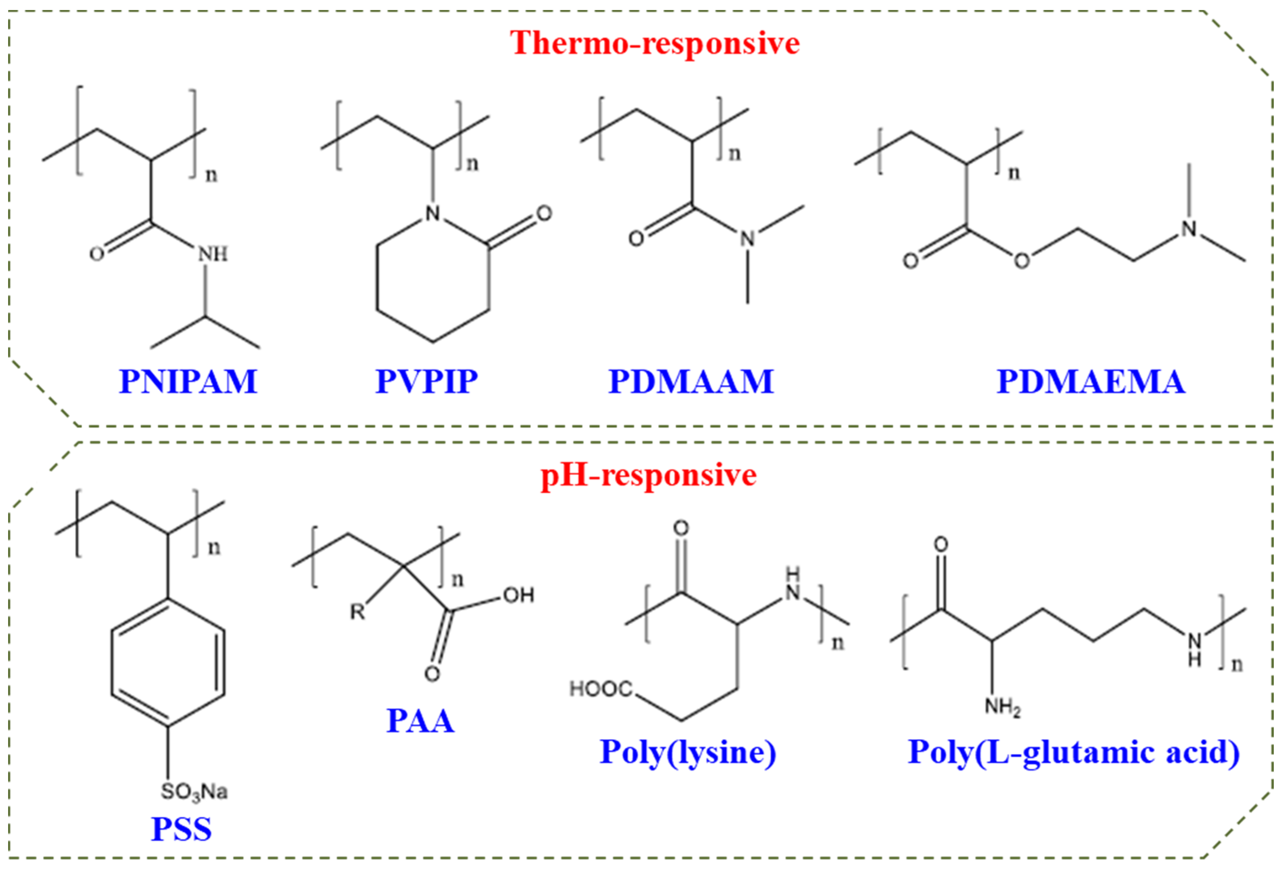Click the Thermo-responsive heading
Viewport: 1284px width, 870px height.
[655, 43]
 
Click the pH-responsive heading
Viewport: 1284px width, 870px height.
[649, 475]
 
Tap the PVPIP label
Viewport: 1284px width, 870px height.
[427, 381]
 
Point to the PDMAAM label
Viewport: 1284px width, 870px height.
[691, 381]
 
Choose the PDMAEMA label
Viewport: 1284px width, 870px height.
[1091, 381]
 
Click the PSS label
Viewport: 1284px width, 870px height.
[182, 830]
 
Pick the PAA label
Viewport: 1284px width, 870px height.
[420, 721]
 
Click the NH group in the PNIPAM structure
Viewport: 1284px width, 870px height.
[213, 254]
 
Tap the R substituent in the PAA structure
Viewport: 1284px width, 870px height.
[357, 612]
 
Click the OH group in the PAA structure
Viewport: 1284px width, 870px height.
[518, 595]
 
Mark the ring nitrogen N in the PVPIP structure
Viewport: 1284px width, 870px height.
[433, 213]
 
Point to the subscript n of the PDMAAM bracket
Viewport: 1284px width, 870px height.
[734, 154]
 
